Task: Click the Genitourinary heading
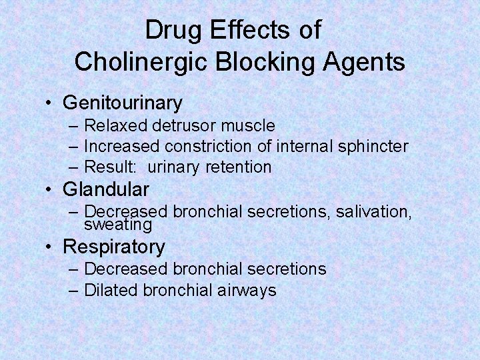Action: click(x=122, y=103)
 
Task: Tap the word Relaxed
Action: click(x=115, y=125)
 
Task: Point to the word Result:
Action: click(x=111, y=167)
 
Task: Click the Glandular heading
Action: click(x=106, y=189)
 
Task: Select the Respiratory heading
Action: click(x=113, y=247)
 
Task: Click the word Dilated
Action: click(x=109, y=290)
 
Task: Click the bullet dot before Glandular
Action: click(x=50, y=190)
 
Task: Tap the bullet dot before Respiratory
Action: click(x=50, y=247)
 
